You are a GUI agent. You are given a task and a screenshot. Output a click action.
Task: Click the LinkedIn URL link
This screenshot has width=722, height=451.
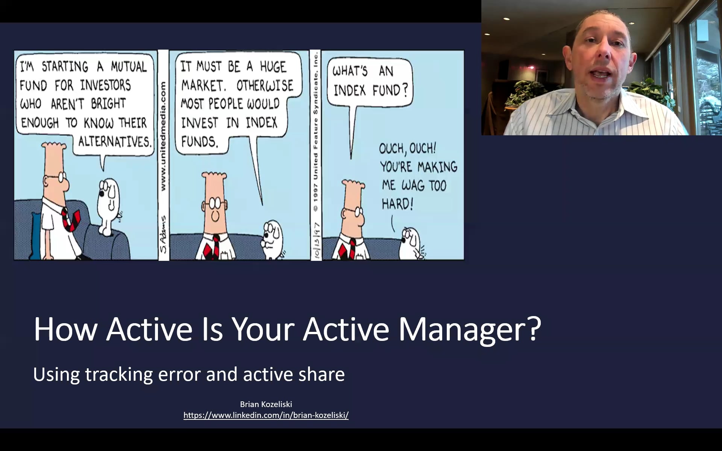coord(266,415)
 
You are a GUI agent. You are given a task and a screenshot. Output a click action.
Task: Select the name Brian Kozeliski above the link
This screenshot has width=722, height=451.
coord(266,404)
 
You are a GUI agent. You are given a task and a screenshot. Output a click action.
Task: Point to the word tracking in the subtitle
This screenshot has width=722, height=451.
coord(118,375)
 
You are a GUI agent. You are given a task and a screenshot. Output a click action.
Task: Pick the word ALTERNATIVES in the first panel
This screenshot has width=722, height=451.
coord(115,142)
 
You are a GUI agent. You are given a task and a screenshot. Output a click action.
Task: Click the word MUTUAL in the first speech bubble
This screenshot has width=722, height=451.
coord(129,67)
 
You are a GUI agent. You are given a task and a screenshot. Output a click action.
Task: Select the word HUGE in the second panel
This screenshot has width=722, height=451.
coord(273,67)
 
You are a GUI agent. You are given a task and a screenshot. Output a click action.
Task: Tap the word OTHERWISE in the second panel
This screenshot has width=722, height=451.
coord(265,86)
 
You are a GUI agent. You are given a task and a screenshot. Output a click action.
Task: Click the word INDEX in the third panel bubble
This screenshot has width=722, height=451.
coord(349,91)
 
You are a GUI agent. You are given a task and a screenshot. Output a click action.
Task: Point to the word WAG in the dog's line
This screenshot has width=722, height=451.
coord(413,185)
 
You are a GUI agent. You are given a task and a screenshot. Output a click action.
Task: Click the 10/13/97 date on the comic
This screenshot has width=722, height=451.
coord(316,241)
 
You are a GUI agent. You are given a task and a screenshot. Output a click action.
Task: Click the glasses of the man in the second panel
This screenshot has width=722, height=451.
coord(215,204)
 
